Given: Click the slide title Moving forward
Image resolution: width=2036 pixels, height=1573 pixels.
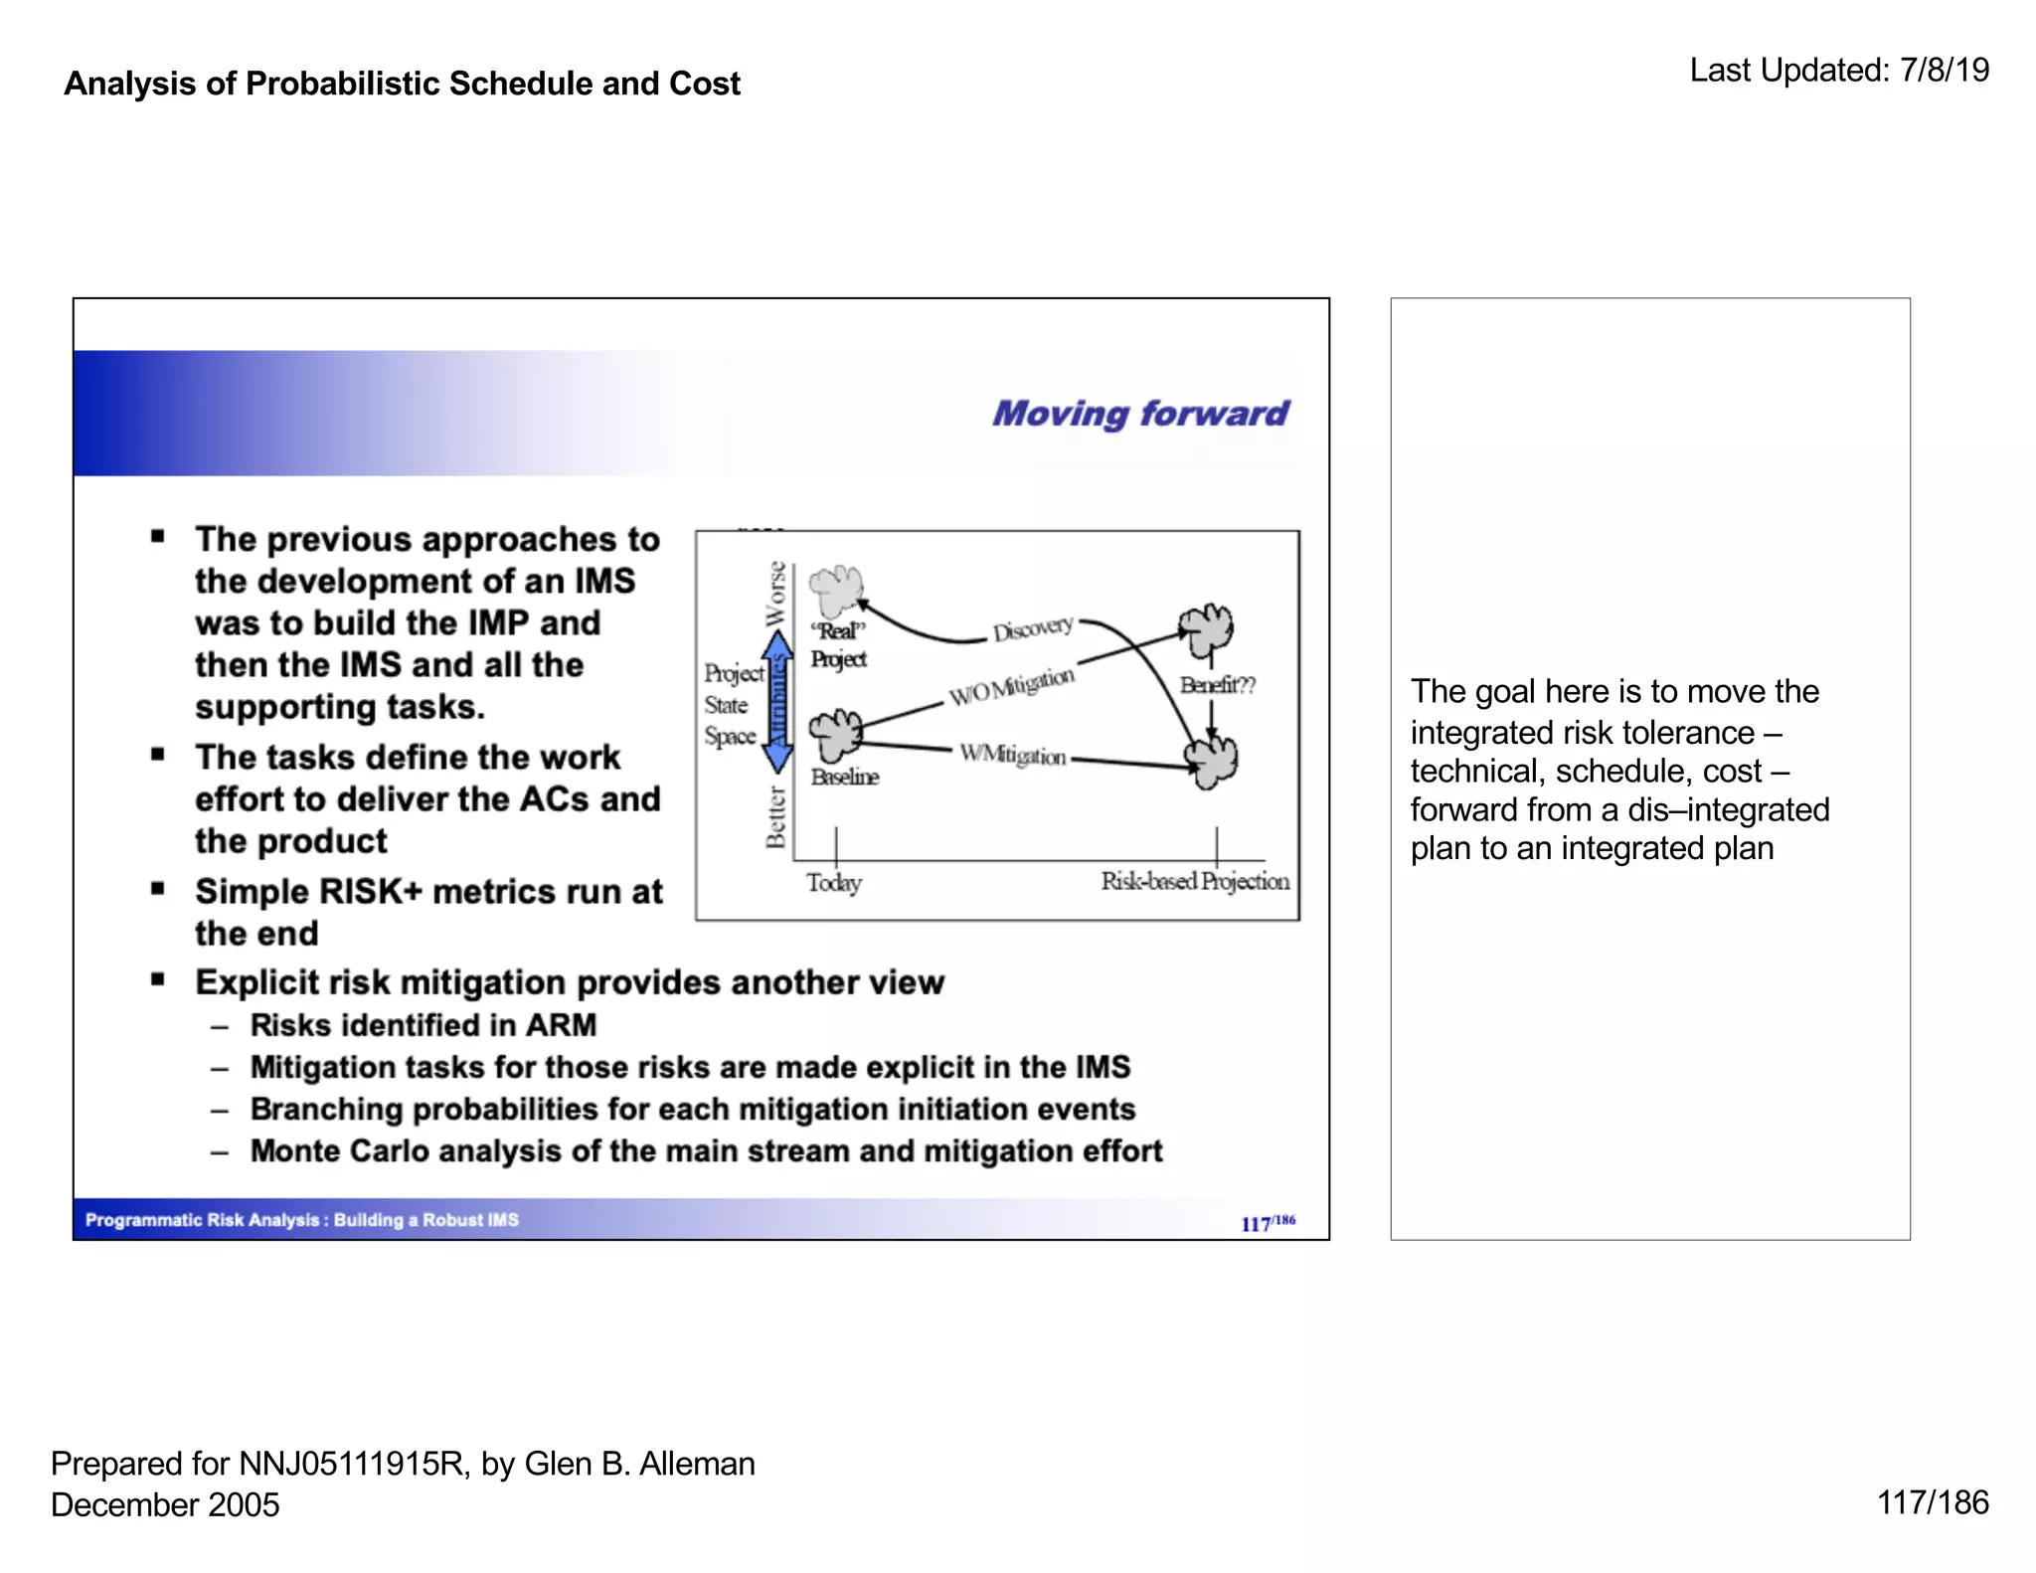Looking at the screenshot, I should [x=1139, y=413].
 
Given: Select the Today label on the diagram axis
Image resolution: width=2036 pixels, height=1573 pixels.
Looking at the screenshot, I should [x=833, y=882].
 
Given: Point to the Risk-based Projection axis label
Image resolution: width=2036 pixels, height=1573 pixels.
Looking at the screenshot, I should [x=1194, y=881].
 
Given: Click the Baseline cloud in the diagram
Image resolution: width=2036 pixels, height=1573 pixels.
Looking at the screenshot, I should [x=835, y=735].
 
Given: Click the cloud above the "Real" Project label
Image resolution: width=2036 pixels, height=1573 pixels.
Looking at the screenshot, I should [x=835, y=591].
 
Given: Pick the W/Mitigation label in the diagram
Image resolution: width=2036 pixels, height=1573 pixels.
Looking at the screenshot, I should [x=1012, y=755].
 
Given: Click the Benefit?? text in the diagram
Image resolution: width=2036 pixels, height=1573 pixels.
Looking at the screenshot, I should [x=1217, y=685].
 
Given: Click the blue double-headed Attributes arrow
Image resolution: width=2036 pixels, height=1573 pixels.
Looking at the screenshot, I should [x=778, y=702].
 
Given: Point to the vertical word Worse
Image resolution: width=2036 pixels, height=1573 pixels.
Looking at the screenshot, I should [x=775, y=594].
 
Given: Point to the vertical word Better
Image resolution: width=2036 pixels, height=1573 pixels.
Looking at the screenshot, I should [x=775, y=817].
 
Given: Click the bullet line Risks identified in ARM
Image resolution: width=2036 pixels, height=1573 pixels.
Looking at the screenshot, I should [x=423, y=1025].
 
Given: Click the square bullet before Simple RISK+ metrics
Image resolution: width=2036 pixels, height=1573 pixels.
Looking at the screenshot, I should [x=158, y=888].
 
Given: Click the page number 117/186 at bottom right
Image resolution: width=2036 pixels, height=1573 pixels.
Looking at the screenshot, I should [x=1932, y=1502].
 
